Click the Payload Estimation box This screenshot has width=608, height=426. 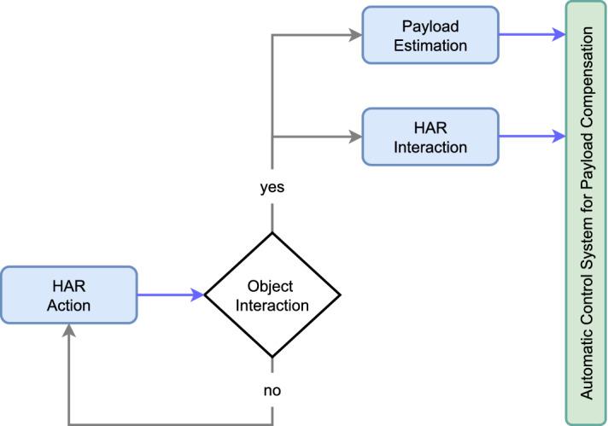[x=430, y=35]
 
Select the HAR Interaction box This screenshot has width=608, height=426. [x=430, y=136]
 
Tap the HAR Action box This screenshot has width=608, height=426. [x=68, y=295]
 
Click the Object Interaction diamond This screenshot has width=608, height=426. [x=272, y=295]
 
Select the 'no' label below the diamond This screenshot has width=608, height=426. [x=272, y=390]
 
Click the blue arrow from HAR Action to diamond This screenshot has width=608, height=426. [x=171, y=295]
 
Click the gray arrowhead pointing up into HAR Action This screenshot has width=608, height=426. [x=68, y=331]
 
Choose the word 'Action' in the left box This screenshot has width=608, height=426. [x=68, y=305]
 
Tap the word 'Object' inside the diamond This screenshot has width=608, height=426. [x=272, y=286]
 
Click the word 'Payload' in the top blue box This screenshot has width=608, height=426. [x=430, y=26]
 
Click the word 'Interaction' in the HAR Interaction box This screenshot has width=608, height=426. [x=430, y=147]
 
